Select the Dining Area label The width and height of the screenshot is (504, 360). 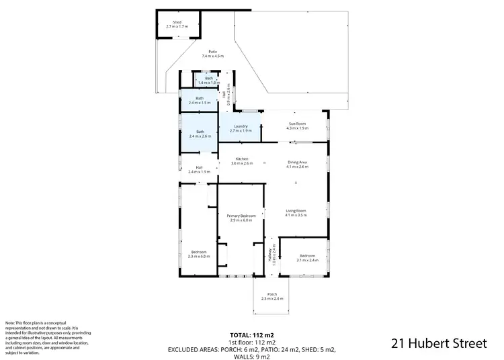(x=297, y=163)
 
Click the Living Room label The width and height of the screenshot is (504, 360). (x=296, y=213)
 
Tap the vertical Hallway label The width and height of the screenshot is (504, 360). (x=274, y=256)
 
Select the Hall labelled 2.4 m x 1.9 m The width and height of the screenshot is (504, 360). (x=200, y=169)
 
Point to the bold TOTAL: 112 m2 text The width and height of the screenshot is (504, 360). (x=252, y=334)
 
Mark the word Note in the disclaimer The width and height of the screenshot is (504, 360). (x=10, y=324)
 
